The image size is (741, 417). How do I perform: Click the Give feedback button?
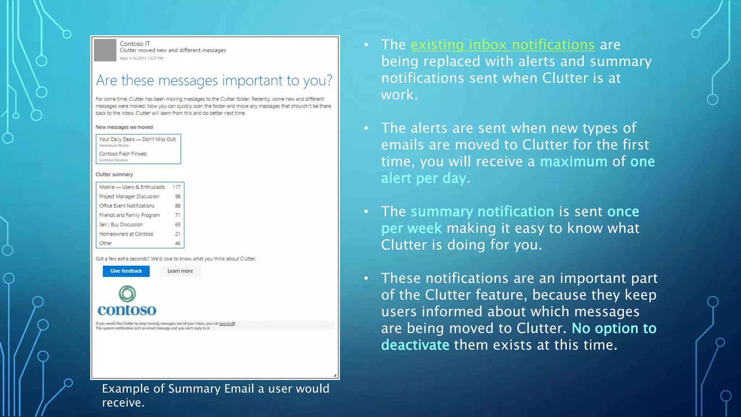pos(126,271)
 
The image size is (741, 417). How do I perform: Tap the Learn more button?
pos(180,271)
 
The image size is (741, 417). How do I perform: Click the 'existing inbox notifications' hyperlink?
pos(502,45)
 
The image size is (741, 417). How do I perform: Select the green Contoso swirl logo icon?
pos(127,294)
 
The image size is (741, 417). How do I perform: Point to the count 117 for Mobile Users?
pos(176,187)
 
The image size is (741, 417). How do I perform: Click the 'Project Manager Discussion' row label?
pos(129,197)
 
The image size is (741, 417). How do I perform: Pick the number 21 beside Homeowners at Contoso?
pos(178,234)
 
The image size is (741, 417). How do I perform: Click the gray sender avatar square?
pos(105,50)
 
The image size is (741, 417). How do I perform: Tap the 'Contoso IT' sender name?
pos(135,44)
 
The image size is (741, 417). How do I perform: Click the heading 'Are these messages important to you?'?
pos(214,80)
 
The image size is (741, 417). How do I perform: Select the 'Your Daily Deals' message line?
pos(137,139)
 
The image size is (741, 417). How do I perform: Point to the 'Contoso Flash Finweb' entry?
pos(123,154)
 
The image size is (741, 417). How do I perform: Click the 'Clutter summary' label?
pos(114,174)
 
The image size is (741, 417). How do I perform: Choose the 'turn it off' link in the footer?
pos(227,324)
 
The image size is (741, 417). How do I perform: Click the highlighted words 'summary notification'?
pos(482,212)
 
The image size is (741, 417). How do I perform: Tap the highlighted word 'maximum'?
pos(573,162)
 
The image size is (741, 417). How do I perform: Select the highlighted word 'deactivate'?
pos(415,345)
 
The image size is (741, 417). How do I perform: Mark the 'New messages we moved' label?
pos(124,127)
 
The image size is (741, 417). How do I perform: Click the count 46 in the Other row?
pos(178,243)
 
